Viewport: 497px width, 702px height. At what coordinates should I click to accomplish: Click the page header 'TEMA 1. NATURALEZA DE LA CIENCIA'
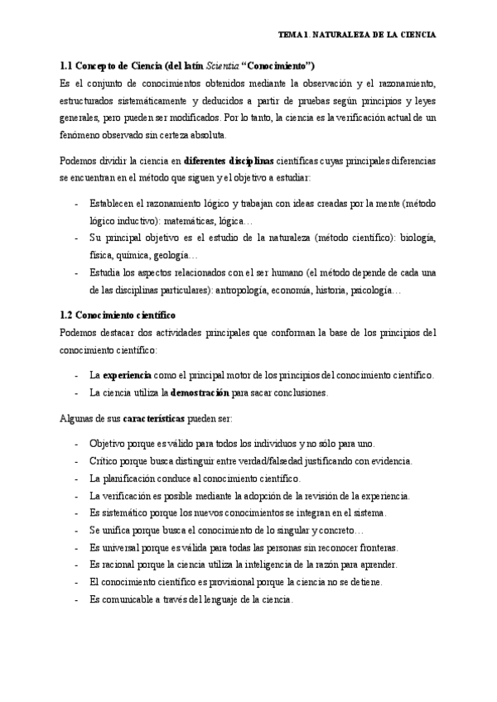[357, 36]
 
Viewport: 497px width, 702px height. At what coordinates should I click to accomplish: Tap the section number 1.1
[68, 67]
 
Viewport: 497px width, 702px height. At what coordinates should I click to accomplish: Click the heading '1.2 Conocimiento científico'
[118, 316]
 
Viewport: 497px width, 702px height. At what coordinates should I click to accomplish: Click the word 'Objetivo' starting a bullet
[109, 443]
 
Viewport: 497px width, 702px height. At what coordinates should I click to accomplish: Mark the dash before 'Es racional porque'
[76, 565]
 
